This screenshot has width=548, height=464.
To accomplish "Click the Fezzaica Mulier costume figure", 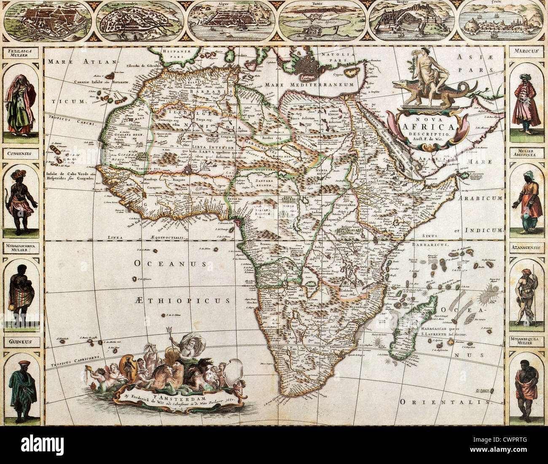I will click(x=20, y=104).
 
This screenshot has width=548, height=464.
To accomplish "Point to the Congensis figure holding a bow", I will click(x=21, y=202).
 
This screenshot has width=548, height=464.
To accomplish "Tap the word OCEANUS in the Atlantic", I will click(x=170, y=264).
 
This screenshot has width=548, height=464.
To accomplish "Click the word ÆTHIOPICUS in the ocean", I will click(x=183, y=300).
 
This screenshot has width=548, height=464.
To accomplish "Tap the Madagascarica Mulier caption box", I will click(x=21, y=247).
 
